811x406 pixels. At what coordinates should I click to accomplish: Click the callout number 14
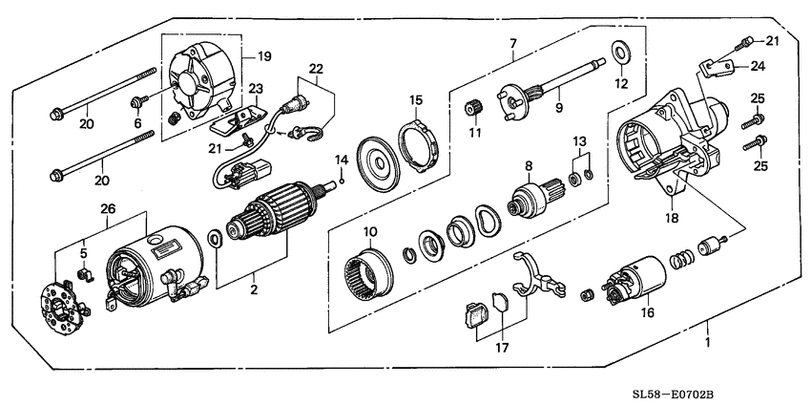tap(341, 158)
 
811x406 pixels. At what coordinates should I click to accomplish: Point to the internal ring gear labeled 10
tap(364, 270)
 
